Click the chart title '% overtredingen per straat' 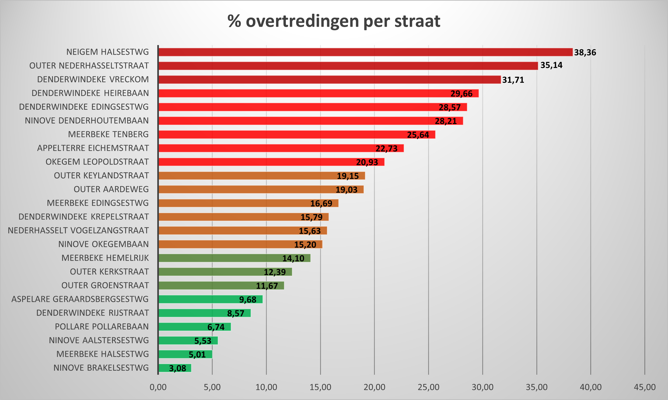click(334, 21)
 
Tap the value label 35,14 click(551, 65)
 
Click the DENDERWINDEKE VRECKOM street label click(93, 79)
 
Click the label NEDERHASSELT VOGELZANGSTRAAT click(78, 230)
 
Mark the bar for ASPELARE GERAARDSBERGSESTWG click(210, 299)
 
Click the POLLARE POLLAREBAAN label click(102, 327)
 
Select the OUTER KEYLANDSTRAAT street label click(101, 176)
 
